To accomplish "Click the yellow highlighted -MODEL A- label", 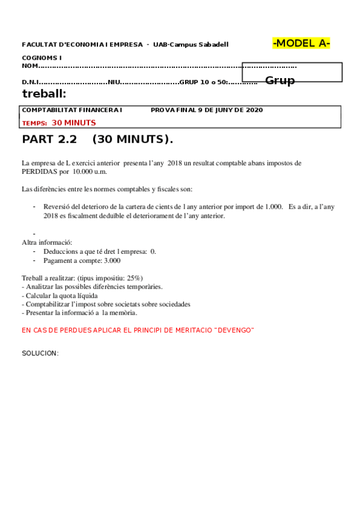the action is [x=301, y=43].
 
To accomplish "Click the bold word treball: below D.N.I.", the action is [x=44, y=93].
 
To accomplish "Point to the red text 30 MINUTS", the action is [x=73, y=123].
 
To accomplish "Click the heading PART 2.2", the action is [x=50, y=140].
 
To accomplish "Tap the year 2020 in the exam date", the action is [x=254, y=110].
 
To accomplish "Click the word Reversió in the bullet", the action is [x=57, y=207].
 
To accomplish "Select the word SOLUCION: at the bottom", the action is [x=40, y=353].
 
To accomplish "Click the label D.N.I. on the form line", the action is [x=31, y=82].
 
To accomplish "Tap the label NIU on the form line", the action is [x=114, y=82].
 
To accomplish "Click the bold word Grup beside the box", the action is [x=280, y=81].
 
